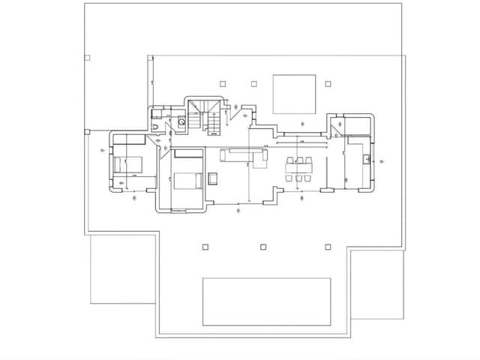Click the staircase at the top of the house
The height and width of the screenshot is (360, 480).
point(205,116)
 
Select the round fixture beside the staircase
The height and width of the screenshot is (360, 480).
point(181,121)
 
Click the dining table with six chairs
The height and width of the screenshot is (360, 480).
point(300,169)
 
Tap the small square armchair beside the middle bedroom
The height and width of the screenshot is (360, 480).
point(213,178)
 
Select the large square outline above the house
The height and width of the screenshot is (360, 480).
point(292,94)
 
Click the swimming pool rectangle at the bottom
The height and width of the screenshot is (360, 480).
point(266,302)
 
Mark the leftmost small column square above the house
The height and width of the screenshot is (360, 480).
point(223,83)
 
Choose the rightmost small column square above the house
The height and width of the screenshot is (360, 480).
point(327,83)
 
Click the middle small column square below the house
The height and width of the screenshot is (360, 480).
point(262,246)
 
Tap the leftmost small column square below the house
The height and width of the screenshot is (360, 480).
point(205,246)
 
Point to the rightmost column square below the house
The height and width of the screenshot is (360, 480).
point(327,246)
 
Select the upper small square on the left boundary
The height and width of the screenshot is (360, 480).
point(87,57)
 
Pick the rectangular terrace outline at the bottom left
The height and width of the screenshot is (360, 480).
point(122,270)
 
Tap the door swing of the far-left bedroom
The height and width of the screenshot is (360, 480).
point(162,148)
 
